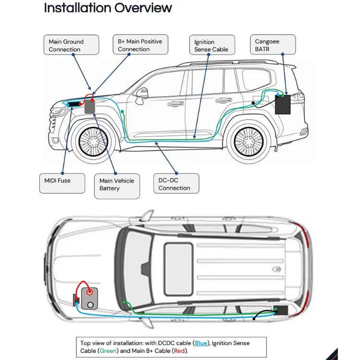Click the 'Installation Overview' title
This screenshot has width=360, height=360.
(x=108, y=8)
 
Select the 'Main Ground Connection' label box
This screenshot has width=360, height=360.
(x=72, y=45)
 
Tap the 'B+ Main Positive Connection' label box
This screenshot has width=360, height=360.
(x=141, y=45)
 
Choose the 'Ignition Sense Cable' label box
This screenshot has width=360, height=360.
(x=212, y=45)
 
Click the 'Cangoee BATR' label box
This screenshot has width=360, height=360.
(x=273, y=45)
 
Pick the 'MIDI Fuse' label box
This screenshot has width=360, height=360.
(x=62, y=183)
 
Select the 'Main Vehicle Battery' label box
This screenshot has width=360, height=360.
(x=117, y=186)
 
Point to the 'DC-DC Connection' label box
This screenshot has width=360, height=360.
(x=176, y=183)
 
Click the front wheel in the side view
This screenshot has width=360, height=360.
(x=93, y=142)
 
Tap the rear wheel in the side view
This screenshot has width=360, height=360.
(x=249, y=142)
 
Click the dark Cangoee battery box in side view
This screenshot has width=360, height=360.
(x=283, y=105)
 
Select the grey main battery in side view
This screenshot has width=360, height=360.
(x=90, y=107)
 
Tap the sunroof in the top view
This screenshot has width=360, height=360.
(x=179, y=269)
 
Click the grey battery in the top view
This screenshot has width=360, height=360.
(x=90, y=298)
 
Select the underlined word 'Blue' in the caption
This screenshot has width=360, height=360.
(x=201, y=343)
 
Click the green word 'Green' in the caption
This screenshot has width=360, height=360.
(x=108, y=351)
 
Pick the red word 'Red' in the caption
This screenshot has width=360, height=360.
(x=180, y=351)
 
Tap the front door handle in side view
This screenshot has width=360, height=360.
(x=176, y=104)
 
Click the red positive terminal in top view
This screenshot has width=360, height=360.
(x=89, y=292)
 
